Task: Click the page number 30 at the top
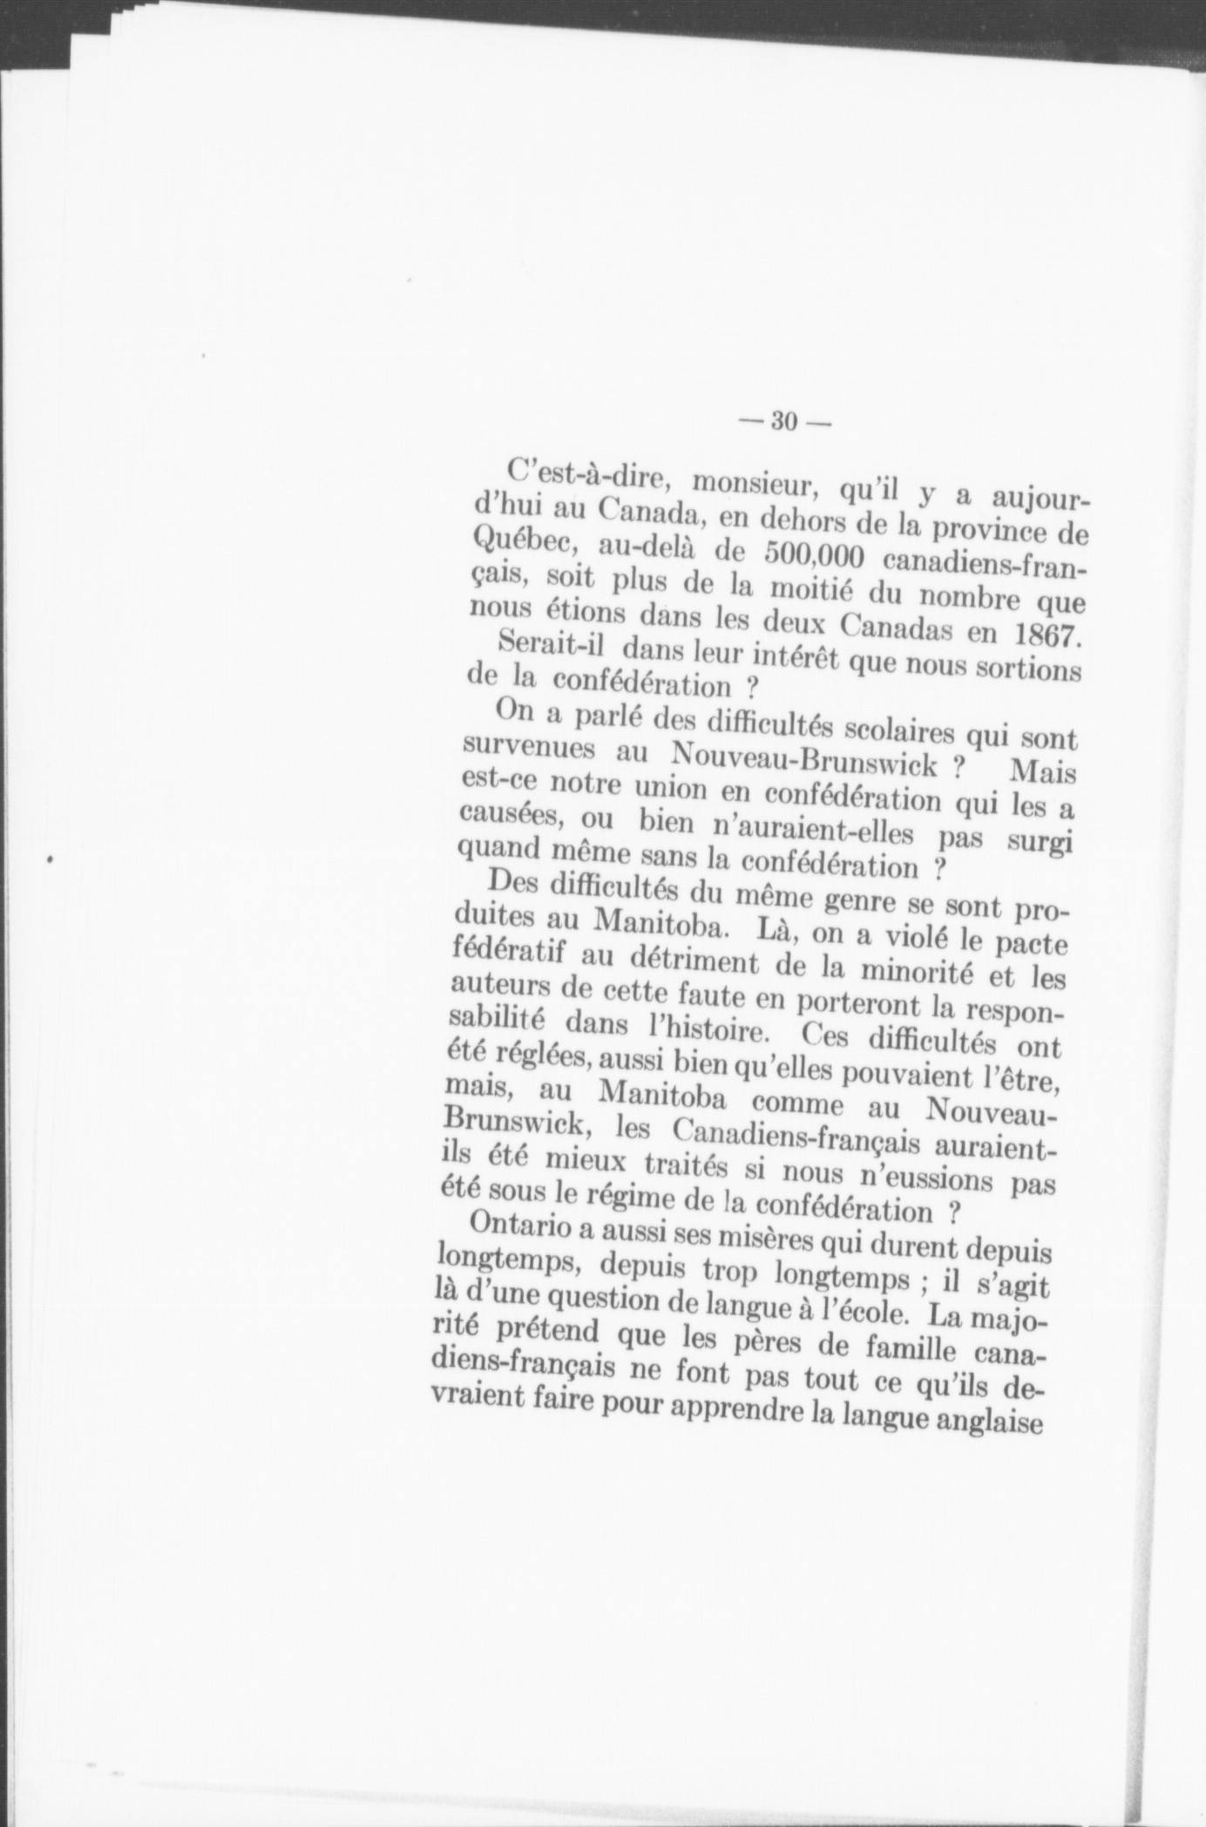[x=783, y=422]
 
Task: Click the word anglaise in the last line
[x=987, y=1423]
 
